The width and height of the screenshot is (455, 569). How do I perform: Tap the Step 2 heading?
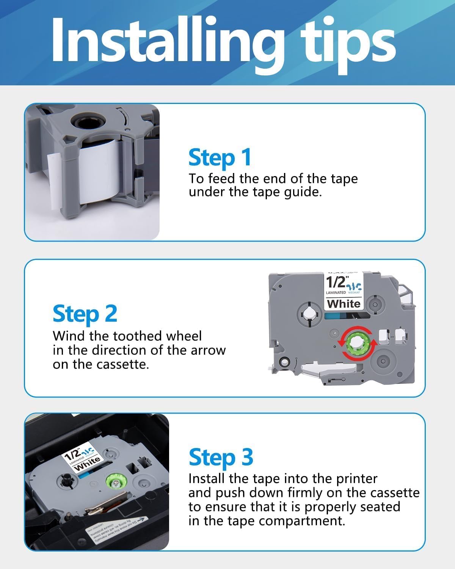click(x=85, y=314)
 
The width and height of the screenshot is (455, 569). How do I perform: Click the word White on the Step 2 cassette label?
click(x=344, y=303)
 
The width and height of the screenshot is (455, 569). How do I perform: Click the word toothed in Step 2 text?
click(x=128, y=336)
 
